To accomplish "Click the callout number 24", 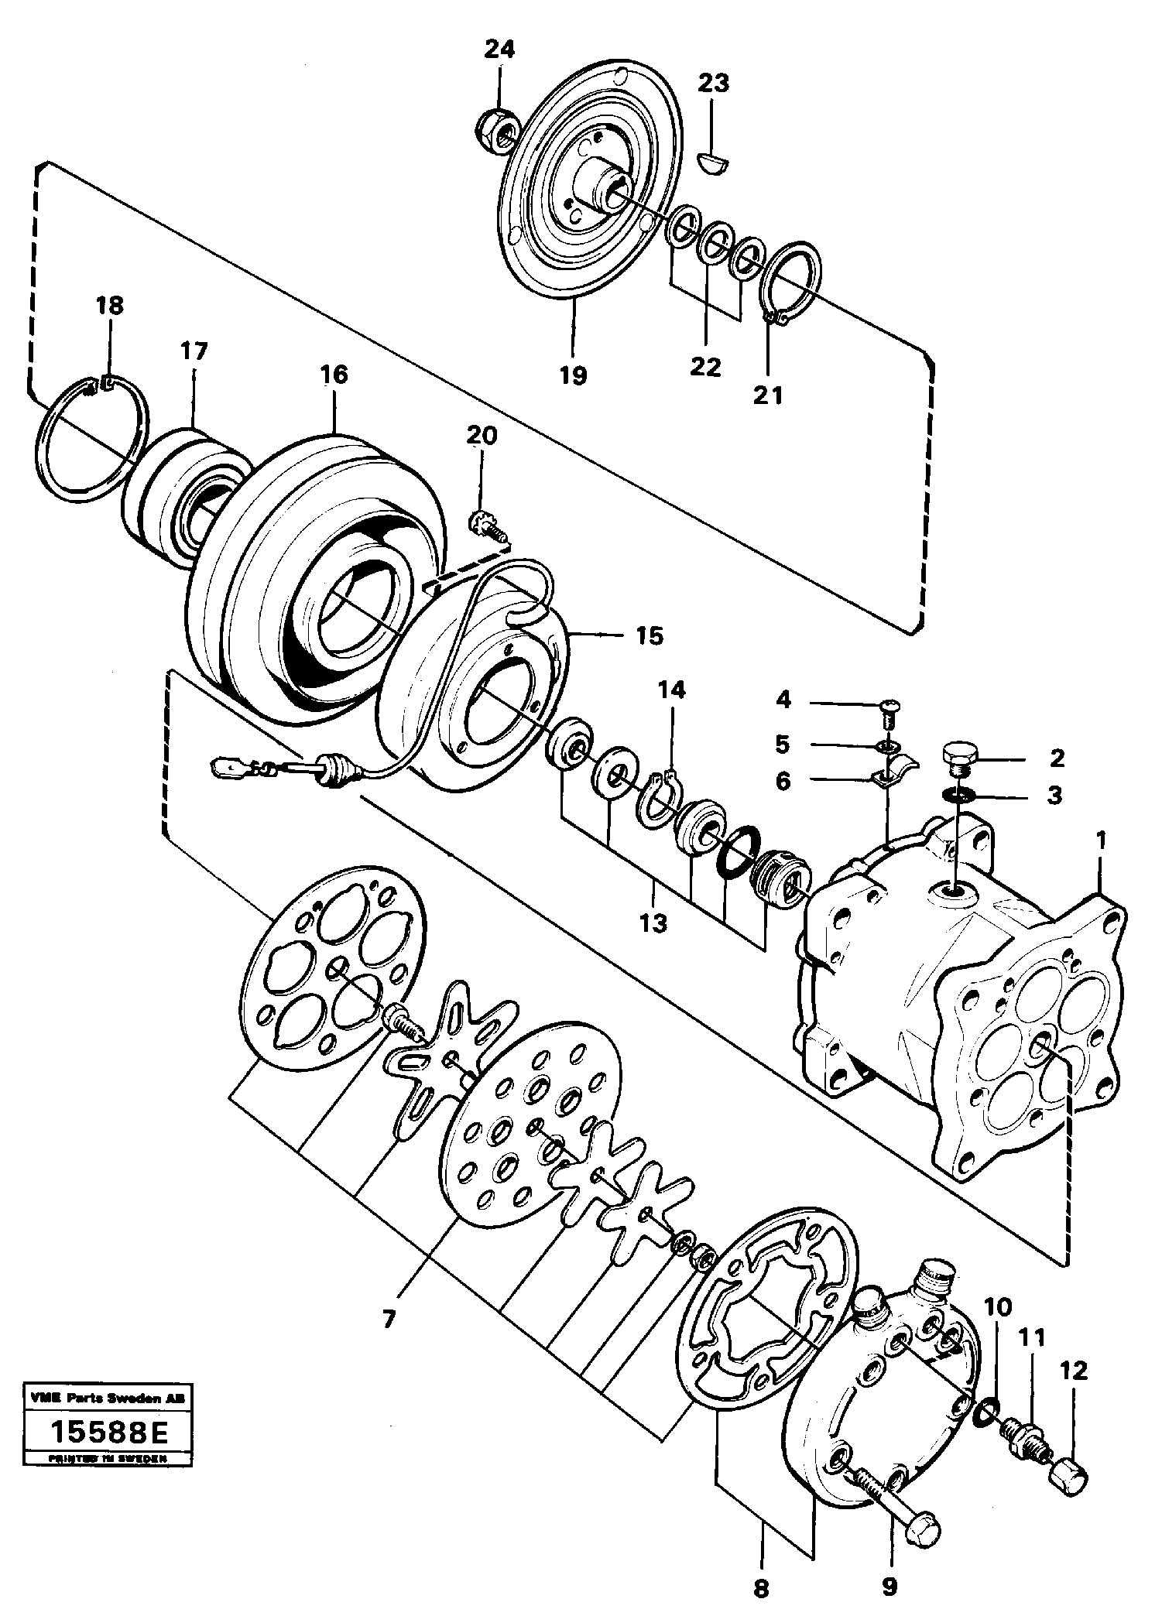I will tap(499, 50).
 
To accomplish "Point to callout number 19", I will tap(574, 376).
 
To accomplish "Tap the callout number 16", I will tap(334, 375).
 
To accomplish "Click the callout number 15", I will tap(650, 636).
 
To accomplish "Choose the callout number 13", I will tap(653, 923).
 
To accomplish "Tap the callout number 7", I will tap(388, 1316).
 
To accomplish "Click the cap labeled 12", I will tap(1070, 1473).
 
